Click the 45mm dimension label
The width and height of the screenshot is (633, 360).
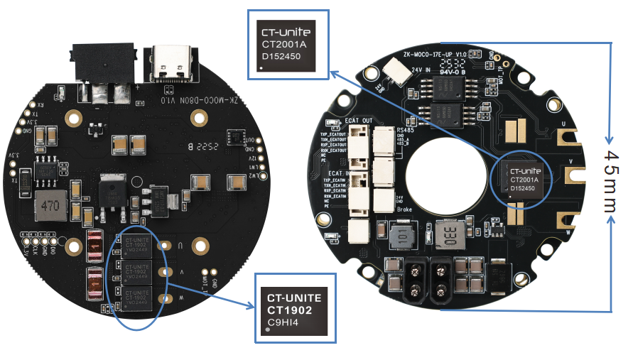point(611,181)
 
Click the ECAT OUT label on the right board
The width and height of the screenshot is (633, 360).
point(358,121)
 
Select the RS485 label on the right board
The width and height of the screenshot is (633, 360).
point(406,130)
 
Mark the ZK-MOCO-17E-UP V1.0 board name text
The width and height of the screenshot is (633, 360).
point(435,54)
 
